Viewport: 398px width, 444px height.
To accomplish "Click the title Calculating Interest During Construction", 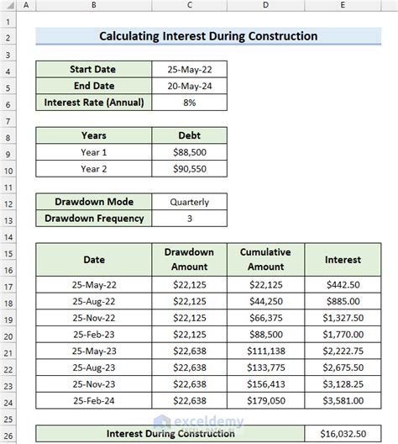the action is pyautogui.click(x=208, y=36).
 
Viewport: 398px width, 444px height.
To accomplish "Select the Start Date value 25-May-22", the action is pyautogui.click(x=189, y=69).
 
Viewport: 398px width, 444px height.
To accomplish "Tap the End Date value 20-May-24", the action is pyautogui.click(x=189, y=86).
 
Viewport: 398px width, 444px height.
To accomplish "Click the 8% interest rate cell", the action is pyautogui.click(x=189, y=103).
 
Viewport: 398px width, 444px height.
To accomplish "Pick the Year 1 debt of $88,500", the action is pyautogui.click(x=189, y=152).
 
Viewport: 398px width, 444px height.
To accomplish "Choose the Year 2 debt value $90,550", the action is pyautogui.click(x=189, y=169).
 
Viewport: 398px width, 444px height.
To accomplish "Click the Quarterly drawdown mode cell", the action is pyautogui.click(x=189, y=202).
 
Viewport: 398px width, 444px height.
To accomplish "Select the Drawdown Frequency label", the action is pyautogui.click(x=94, y=219).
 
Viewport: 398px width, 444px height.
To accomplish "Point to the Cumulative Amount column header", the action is pyautogui.click(x=265, y=259).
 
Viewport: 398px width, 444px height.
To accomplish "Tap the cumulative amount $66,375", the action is pyautogui.click(x=265, y=319).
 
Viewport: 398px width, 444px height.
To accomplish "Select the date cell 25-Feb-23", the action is pyautogui.click(x=94, y=336).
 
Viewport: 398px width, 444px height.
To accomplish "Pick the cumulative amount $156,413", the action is pyautogui.click(x=265, y=385).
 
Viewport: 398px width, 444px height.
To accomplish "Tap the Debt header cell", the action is pyautogui.click(x=189, y=135).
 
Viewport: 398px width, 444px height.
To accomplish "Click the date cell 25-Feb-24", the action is pyautogui.click(x=94, y=402).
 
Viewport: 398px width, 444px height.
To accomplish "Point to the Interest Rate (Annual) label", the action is pyautogui.click(x=94, y=103).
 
